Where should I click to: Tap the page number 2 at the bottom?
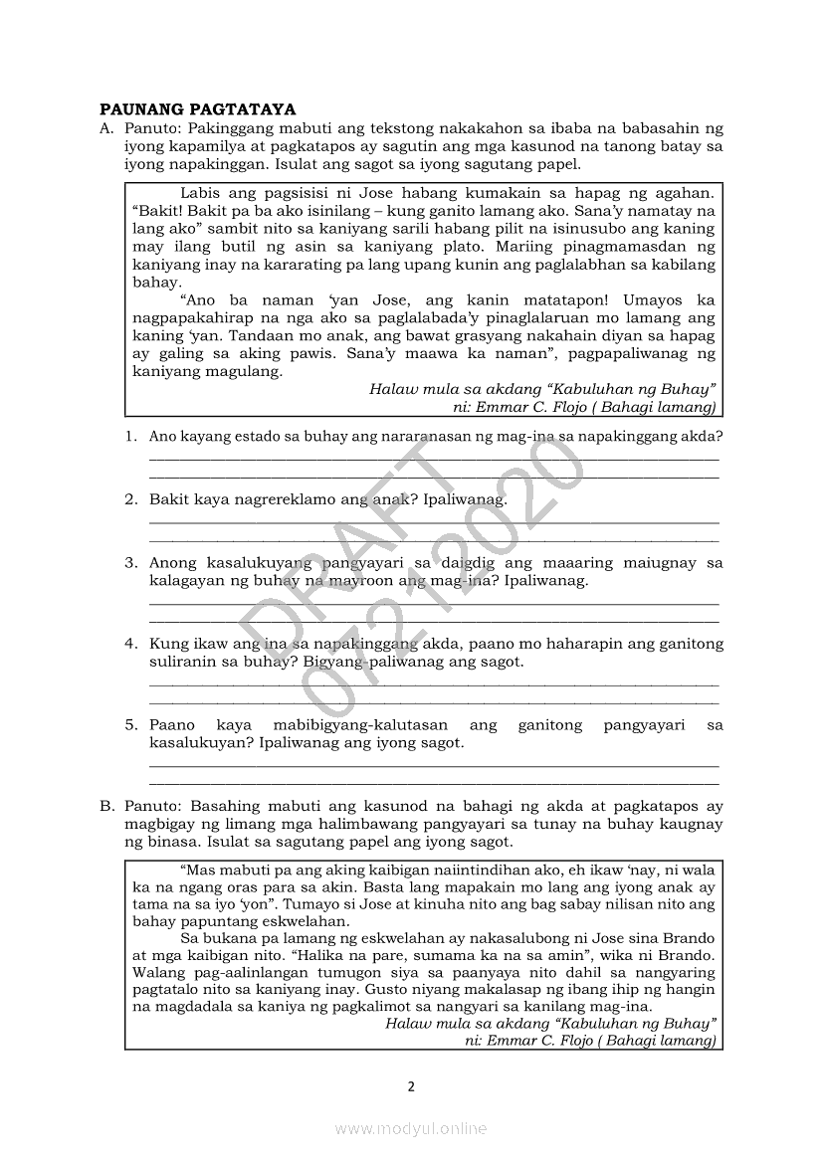[411, 1085]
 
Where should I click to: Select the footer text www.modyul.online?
[411, 1129]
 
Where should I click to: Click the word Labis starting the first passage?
[200, 192]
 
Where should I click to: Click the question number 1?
[130, 436]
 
